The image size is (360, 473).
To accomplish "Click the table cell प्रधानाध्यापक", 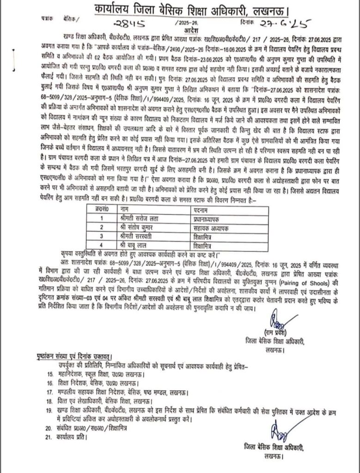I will click(x=208, y=217).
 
